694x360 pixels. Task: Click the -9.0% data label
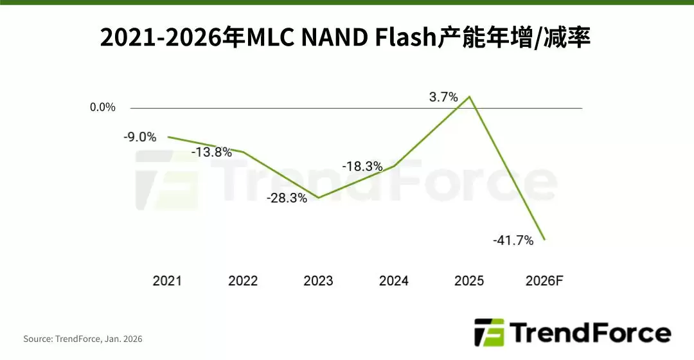pyautogui.click(x=140, y=136)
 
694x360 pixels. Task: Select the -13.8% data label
pyautogui.click(x=211, y=152)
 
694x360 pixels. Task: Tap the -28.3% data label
pyautogui.click(x=287, y=198)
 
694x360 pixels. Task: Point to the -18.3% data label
pyautogui.click(x=362, y=166)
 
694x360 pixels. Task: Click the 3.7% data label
pyautogui.click(x=443, y=98)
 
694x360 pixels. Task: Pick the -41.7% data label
pyautogui.click(x=513, y=240)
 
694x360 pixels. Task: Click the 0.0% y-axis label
pyautogui.click(x=103, y=107)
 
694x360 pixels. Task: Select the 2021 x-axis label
pyautogui.click(x=167, y=281)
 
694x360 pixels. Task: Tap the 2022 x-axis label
pyautogui.click(x=243, y=281)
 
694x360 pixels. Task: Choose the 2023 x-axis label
pyautogui.click(x=318, y=281)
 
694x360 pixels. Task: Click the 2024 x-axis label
pyautogui.click(x=394, y=281)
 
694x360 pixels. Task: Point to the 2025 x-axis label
pyautogui.click(x=469, y=281)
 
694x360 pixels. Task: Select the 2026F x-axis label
pyautogui.click(x=544, y=281)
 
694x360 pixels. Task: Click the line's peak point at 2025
pyautogui.click(x=470, y=97)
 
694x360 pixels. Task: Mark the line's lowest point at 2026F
pyautogui.click(x=545, y=240)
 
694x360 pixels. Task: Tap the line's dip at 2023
pyautogui.click(x=319, y=197)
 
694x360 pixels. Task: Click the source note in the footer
pyautogui.click(x=83, y=339)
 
